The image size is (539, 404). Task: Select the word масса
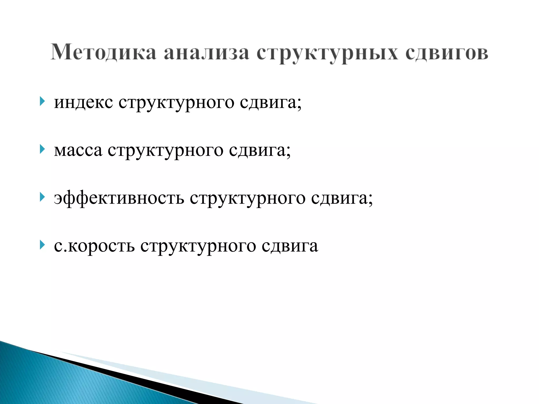[x=78, y=150]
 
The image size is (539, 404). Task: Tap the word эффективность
[x=119, y=198]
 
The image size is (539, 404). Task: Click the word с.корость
[x=94, y=246]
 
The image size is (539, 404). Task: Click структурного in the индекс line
[x=176, y=103]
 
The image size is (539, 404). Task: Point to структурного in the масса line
[x=166, y=151]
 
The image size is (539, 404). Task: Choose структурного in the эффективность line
[x=248, y=199]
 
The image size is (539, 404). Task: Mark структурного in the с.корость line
[x=198, y=246]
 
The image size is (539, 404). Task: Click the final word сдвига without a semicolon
[x=290, y=246]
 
